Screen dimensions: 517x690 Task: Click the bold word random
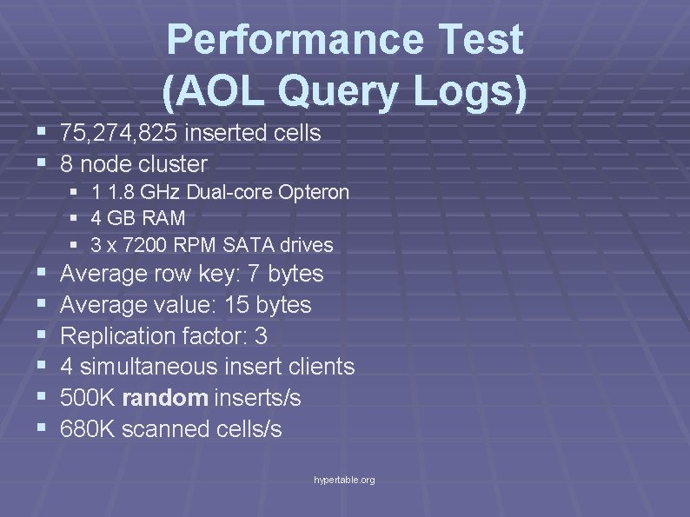coord(164,398)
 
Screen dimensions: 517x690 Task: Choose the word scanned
coord(166,428)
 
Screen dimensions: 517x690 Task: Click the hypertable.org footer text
coord(345,480)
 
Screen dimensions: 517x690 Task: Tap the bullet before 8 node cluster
coord(43,163)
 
